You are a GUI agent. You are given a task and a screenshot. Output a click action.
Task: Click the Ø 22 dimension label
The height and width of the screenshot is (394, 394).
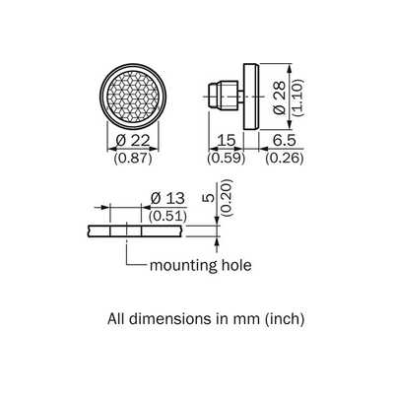coord(133,141)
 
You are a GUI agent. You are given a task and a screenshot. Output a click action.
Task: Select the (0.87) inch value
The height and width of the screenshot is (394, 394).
coord(133,159)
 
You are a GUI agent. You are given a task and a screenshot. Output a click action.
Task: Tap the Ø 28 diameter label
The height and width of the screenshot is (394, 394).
coord(280,98)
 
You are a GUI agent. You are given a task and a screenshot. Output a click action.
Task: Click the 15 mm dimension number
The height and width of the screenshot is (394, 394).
coord(227,141)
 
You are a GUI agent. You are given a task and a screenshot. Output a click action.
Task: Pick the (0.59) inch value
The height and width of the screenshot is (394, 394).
coord(227,159)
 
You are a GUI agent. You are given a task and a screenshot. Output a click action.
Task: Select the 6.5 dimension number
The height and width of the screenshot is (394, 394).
coord(285,141)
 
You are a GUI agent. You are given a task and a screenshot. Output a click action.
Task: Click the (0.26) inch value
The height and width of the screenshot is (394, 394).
coord(285,159)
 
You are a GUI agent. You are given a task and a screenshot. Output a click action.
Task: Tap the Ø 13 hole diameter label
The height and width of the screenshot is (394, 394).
coord(167,199)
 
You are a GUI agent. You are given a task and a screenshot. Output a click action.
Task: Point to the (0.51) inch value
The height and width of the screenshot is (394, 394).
coord(167,216)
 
